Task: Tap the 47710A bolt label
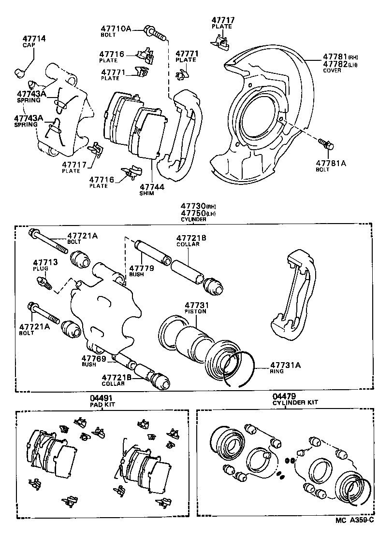coord(116,29)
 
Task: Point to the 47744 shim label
coord(152,186)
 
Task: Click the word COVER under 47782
coord(332,71)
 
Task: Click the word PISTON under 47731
coord(195,311)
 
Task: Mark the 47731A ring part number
coord(285,365)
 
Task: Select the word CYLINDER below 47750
coord(193,219)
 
